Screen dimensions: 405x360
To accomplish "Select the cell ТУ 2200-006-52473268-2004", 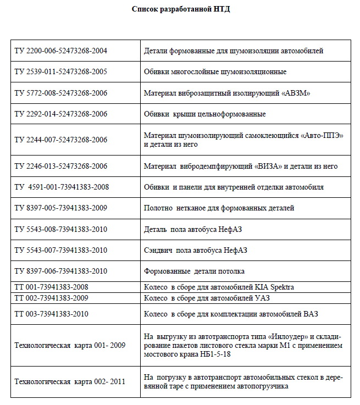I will click(x=60, y=51).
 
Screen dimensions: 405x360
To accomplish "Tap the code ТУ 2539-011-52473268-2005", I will click(x=60, y=71).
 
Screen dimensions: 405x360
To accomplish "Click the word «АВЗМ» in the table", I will click(x=296, y=93).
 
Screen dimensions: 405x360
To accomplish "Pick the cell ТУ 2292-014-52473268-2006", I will click(x=60, y=114).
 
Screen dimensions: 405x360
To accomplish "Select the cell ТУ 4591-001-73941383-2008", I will click(x=62, y=187).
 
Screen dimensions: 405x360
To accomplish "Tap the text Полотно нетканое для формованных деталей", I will click(x=219, y=208).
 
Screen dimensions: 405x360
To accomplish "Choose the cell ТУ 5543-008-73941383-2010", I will click(x=60, y=229).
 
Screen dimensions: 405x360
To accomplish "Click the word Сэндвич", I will click(x=158, y=250).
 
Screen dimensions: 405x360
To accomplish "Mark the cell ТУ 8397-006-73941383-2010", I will click(x=60, y=271).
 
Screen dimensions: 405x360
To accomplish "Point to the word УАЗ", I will click(x=262, y=298).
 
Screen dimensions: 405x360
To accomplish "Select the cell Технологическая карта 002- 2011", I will click(x=69, y=381).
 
